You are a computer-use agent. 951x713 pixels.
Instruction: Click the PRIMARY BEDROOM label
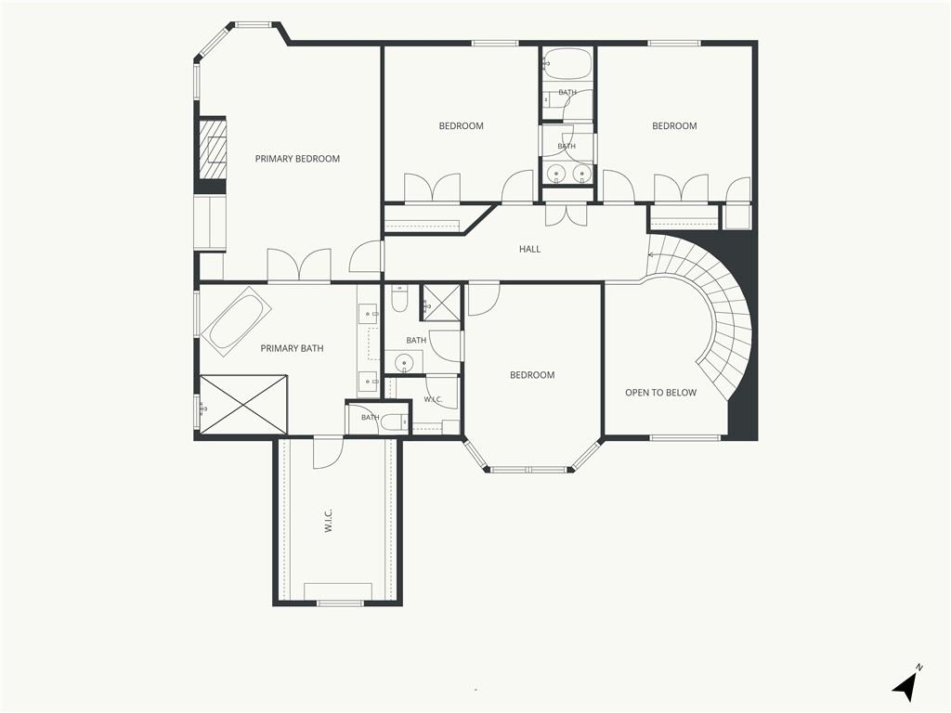click(297, 159)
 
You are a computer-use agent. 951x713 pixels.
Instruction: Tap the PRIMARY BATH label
click(292, 349)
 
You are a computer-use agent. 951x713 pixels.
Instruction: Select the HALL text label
click(529, 249)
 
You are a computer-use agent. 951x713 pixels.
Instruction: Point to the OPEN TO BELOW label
click(660, 393)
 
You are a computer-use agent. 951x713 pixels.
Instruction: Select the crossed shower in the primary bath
click(243, 405)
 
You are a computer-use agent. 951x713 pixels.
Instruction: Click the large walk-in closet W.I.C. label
click(328, 521)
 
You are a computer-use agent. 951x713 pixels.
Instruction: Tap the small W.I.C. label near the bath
click(433, 399)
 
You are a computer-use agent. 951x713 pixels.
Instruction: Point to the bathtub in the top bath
click(567, 64)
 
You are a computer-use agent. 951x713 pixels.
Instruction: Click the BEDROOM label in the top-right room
click(674, 126)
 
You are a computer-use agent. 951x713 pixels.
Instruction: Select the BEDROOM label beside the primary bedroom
click(461, 126)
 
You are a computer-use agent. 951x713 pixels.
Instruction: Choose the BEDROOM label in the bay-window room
click(532, 375)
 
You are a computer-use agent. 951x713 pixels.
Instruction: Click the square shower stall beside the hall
click(441, 302)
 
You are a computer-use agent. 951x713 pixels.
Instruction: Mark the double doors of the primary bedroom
click(299, 265)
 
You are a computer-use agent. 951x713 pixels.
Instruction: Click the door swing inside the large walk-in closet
click(328, 452)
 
